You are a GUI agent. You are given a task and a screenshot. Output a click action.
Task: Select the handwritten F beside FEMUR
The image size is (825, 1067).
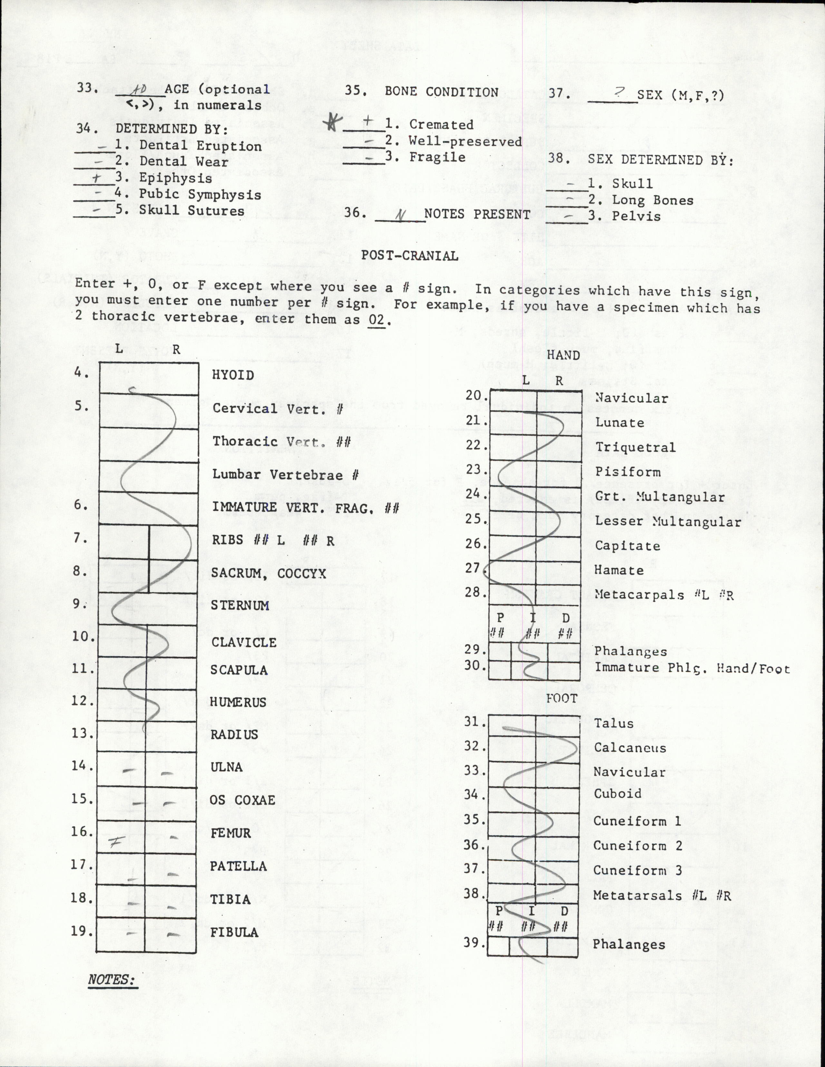[x=115, y=841]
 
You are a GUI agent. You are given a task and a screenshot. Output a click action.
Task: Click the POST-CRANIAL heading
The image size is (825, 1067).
[x=409, y=256]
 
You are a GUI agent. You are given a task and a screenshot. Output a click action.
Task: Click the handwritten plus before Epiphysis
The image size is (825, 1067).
[x=97, y=178]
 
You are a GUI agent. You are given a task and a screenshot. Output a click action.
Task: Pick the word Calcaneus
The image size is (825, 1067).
[x=630, y=748]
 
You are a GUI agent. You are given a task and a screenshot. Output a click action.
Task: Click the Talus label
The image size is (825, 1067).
[x=614, y=723]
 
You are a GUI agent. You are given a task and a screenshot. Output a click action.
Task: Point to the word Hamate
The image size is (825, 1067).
[x=619, y=570]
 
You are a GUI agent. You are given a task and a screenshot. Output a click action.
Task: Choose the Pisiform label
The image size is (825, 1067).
[x=628, y=471]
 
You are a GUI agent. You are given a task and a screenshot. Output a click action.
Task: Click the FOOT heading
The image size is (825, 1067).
[x=561, y=699]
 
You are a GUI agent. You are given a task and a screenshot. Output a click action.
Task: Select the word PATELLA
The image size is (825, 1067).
[x=238, y=866]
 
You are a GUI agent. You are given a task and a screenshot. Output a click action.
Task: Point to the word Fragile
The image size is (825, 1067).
[x=437, y=157]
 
